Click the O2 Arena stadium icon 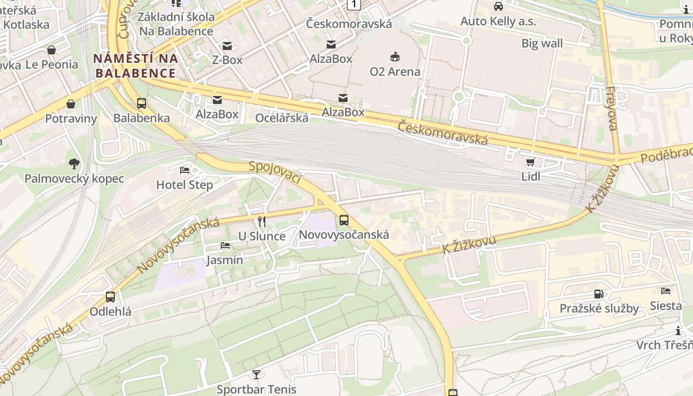(x=395, y=57)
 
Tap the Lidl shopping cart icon (x=531, y=162)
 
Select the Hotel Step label (x=184, y=185)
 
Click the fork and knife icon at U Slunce (x=262, y=221)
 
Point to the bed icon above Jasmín (x=225, y=246)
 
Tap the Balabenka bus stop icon (x=142, y=103)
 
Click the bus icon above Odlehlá (x=110, y=297)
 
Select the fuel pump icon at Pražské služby (x=599, y=294)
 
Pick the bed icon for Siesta (x=666, y=291)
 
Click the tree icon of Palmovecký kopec (x=74, y=163)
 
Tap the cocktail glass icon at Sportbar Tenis (x=256, y=374)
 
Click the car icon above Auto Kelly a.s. (x=498, y=6)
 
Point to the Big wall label (x=542, y=43)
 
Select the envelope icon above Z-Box (x=227, y=46)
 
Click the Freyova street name (x=611, y=108)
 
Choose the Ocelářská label (x=282, y=118)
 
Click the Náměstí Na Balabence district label (x=135, y=66)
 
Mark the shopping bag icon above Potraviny (x=71, y=104)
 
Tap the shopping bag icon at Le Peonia (x=51, y=50)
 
